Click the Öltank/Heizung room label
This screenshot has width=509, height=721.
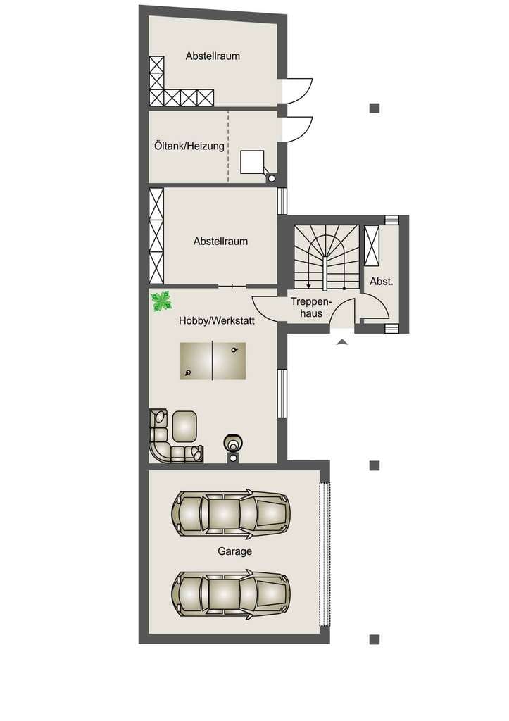pos(189,146)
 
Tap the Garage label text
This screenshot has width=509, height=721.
pos(234,551)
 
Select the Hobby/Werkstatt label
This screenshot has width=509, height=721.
pos(217,320)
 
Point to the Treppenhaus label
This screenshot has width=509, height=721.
pos(311,308)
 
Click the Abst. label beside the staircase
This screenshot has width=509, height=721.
pos(381,282)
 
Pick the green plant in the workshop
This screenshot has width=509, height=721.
pos(161,301)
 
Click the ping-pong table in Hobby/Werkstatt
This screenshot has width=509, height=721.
pos(213,360)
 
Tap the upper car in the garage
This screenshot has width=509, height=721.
pos(231,513)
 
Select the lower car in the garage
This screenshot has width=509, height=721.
pos(231,593)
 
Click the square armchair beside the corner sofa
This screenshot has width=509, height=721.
pos(184,426)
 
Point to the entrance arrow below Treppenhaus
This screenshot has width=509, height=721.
pos(341,341)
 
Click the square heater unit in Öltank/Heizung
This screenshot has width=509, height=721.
pos(253,162)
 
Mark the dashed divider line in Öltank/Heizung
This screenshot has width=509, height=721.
pos(228,146)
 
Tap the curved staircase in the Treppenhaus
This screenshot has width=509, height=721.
pos(326,258)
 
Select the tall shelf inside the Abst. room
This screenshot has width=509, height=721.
pos(372,246)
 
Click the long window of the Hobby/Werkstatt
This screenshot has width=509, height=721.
pos(282,393)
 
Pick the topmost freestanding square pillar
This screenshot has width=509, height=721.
pos(375,108)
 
